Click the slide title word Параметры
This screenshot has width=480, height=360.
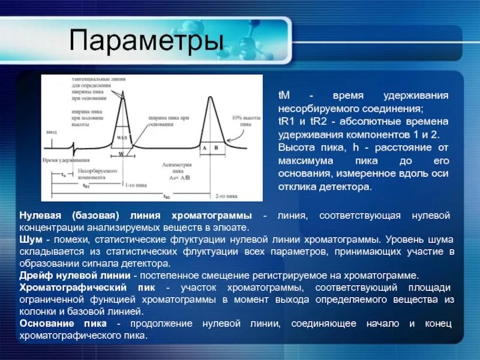[x=146, y=41]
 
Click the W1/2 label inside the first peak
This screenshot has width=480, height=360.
[x=122, y=137]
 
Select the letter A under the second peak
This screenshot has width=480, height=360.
[x=205, y=147]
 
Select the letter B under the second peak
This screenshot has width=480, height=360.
[x=216, y=147]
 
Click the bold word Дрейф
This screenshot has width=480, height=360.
[x=35, y=275]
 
